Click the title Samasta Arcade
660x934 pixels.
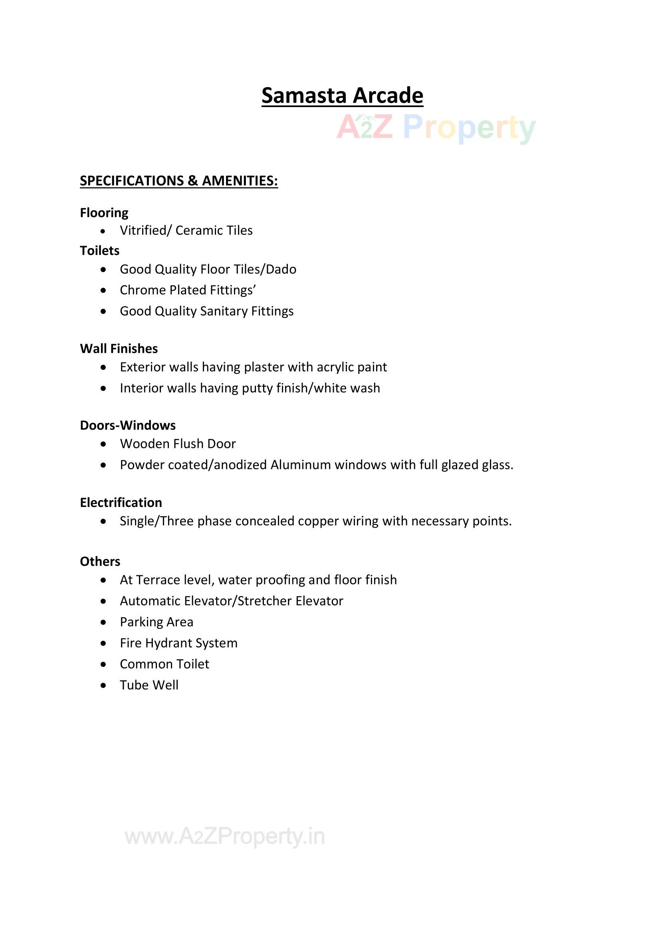click(x=342, y=95)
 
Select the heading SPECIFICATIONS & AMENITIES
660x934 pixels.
click(x=178, y=181)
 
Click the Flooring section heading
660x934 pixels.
click(x=104, y=213)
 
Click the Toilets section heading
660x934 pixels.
click(x=100, y=250)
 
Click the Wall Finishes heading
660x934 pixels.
click(x=119, y=349)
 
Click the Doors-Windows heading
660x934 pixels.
click(x=128, y=425)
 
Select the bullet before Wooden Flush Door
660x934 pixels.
click(x=104, y=444)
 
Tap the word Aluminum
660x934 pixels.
click(x=301, y=465)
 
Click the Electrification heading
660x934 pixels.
click(x=121, y=503)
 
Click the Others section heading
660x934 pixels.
click(x=100, y=561)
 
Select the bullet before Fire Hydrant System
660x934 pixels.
click(x=104, y=643)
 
